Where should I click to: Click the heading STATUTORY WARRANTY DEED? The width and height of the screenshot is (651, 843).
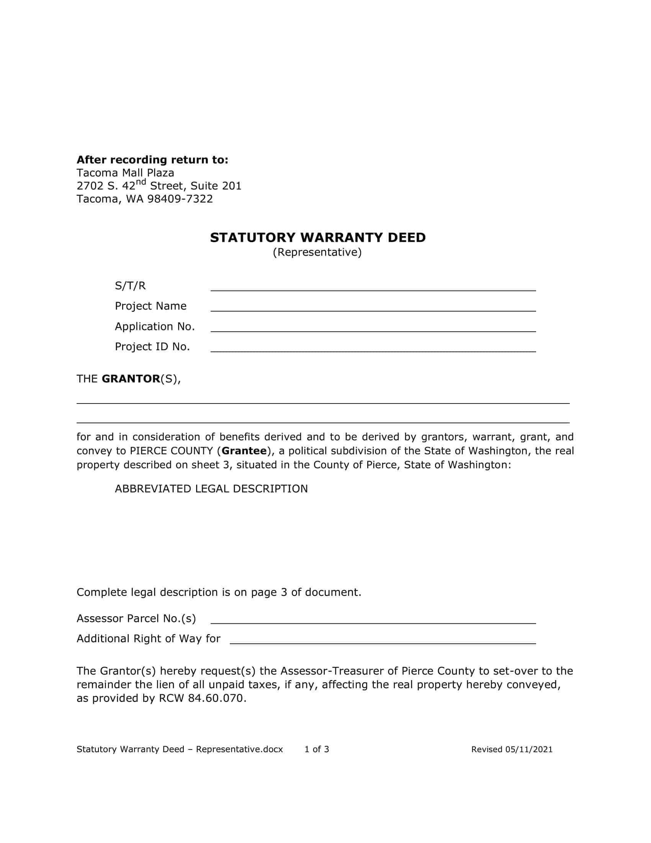click(318, 238)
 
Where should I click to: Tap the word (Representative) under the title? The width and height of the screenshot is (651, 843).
click(317, 252)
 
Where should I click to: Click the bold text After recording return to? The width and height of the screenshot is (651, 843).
click(152, 159)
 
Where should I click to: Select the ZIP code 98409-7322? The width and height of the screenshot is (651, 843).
click(180, 199)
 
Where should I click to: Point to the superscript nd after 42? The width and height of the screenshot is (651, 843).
click(141, 181)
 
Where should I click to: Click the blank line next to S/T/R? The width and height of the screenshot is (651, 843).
click(373, 286)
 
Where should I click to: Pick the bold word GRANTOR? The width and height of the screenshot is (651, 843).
click(131, 379)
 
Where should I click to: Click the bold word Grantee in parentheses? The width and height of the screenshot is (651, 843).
click(244, 451)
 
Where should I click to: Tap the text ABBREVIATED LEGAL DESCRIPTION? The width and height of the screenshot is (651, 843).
click(211, 489)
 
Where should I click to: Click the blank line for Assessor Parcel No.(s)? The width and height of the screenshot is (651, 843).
click(373, 619)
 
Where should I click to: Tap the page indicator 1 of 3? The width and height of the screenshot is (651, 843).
click(317, 749)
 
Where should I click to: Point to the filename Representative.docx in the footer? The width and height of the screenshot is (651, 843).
click(239, 749)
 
